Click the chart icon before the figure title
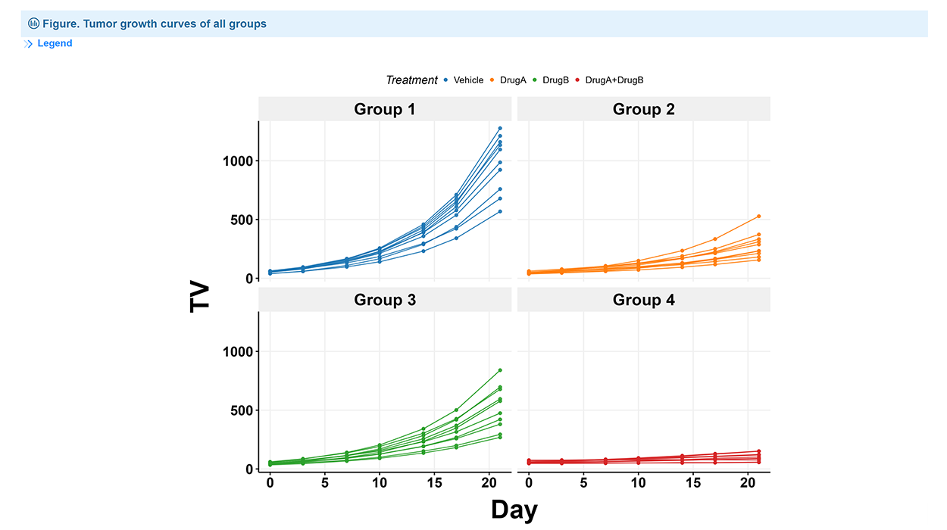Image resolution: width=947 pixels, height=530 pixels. [33, 23]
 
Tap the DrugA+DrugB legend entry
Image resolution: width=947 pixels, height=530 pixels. [614, 80]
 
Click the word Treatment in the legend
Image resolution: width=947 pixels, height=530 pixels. [411, 80]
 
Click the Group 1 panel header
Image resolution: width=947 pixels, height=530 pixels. [384, 109]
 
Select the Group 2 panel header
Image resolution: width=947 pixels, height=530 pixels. [643, 109]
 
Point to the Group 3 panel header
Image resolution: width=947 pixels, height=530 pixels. [384, 300]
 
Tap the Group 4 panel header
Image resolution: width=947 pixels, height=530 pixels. [643, 300]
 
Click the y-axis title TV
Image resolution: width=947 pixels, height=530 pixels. [200, 295]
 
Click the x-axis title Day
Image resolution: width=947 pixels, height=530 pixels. [514, 510]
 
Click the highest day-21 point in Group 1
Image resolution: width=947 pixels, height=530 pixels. [500, 129]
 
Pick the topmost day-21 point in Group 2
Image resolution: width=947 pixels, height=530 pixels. [759, 217]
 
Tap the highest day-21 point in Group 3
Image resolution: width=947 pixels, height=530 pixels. [500, 370]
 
